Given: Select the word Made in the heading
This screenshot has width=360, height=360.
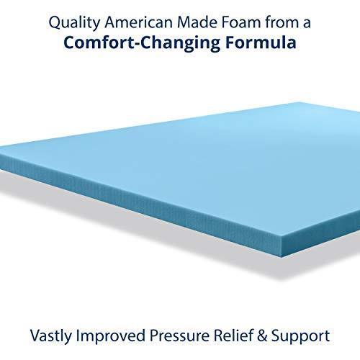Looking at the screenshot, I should (194, 22).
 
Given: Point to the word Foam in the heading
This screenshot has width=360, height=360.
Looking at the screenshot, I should (238, 22).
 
